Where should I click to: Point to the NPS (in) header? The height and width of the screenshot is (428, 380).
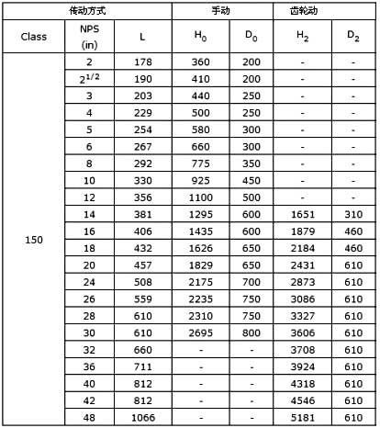coord(89,37)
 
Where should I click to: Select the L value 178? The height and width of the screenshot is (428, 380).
coord(141,61)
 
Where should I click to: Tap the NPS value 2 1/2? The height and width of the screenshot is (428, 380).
coord(89,77)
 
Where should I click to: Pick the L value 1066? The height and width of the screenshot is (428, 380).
coord(141,419)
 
